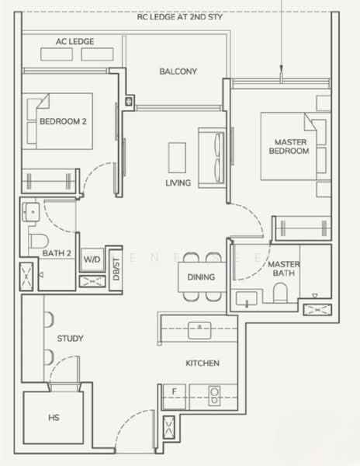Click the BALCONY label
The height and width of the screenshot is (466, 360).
tap(178, 71)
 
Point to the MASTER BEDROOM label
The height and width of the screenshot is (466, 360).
tap(289, 146)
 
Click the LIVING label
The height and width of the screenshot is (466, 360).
tap(178, 183)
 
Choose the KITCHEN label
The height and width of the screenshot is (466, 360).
tap(202, 363)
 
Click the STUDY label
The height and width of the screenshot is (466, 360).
tap(71, 339)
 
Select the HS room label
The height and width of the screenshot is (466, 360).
tap(54, 418)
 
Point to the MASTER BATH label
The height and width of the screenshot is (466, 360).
tap(284, 269)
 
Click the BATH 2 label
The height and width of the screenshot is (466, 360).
tap(57, 254)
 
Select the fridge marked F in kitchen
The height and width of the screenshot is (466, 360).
tap(174, 391)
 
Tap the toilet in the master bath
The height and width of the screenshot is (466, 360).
tap(282, 293)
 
